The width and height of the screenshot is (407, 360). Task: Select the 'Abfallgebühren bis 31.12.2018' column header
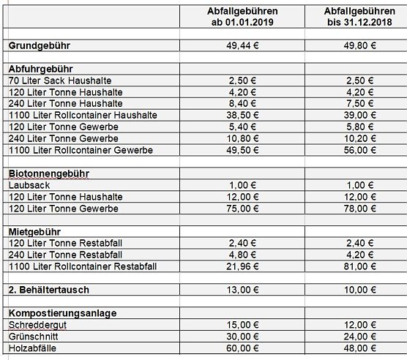353,17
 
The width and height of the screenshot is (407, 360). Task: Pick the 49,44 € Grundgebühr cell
242,45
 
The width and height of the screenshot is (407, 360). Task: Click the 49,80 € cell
353,45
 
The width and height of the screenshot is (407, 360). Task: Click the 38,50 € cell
242,116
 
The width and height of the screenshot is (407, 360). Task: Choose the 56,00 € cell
353,151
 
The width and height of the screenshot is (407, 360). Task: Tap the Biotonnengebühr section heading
49,174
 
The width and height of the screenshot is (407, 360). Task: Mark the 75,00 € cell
242,209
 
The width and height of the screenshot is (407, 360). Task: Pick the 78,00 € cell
353,209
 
